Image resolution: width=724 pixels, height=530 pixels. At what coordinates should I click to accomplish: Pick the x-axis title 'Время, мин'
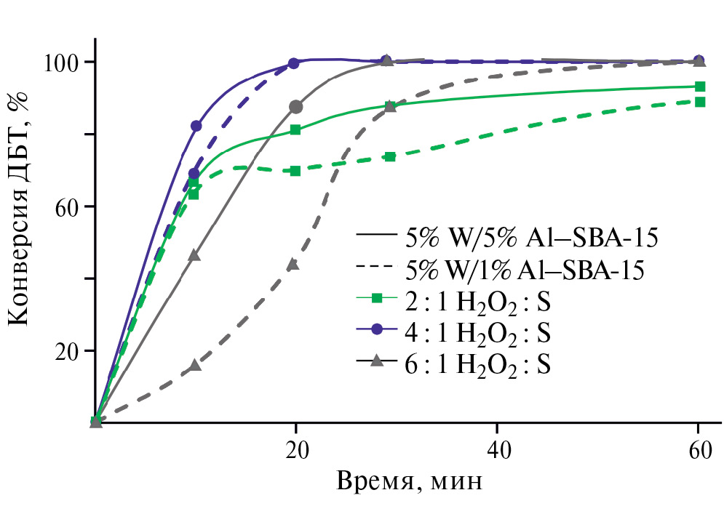tap(409, 481)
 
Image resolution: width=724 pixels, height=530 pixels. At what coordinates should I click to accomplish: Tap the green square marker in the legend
tap(376, 297)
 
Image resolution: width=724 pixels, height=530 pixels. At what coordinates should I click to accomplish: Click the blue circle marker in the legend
tap(376, 329)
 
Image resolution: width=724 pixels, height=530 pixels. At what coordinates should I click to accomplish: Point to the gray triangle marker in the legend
tap(376, 361)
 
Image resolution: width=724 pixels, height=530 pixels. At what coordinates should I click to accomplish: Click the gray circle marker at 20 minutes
tap(295, 107)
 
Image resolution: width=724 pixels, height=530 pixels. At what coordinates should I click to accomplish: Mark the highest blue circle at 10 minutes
tap(196, 126)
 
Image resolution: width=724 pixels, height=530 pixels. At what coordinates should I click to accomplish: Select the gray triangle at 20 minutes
tap(293, 264)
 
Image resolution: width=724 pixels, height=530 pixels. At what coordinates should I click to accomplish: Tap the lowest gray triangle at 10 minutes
tap(194, 365)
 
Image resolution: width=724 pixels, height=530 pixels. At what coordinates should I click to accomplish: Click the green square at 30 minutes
tap(390, 156)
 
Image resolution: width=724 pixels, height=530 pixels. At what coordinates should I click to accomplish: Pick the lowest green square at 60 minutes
tap(699, 102)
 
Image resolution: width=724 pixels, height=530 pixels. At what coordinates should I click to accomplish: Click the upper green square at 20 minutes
tap(295, 129)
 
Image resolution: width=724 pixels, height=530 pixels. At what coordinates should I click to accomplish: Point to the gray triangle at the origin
tap(95, 422)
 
